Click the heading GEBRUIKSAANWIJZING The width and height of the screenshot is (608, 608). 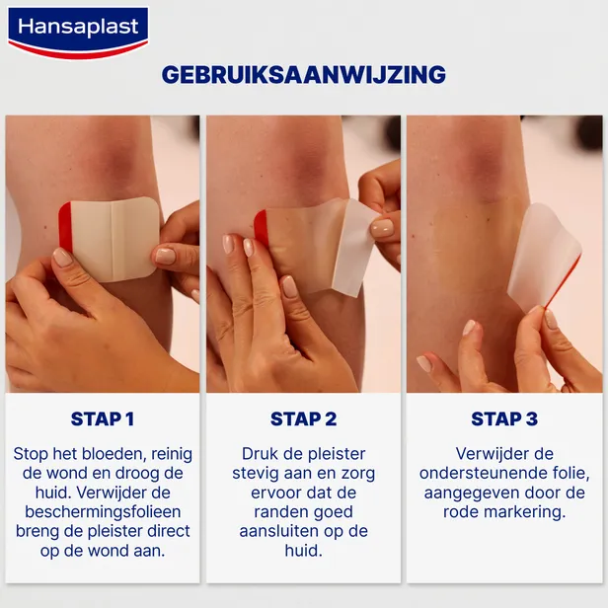click(304, 75)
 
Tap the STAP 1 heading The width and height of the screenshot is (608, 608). click(103, 418)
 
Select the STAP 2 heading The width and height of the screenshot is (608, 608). click(304, 418)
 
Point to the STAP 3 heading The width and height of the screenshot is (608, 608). click(504, 418)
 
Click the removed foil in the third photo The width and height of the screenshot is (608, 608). click(542, 252)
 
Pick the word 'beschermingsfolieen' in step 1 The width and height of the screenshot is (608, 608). click(103, 512)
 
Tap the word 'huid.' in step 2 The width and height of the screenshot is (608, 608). click(304, 551)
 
